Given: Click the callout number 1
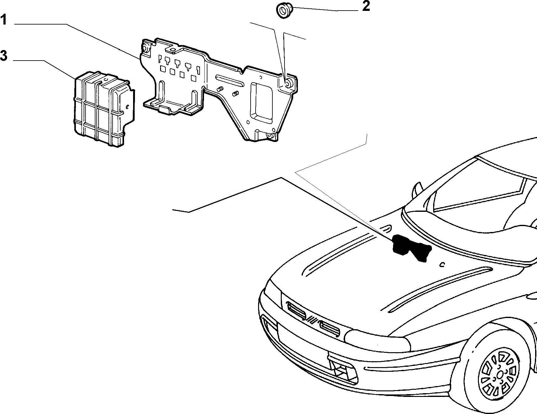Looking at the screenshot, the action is [3, 21].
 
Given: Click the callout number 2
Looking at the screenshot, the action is [366, 6].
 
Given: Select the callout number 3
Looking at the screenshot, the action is [3, 56].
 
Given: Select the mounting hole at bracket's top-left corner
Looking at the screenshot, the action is [145, 48].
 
